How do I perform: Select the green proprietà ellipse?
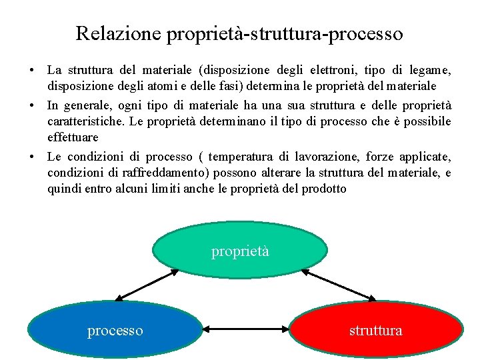click(240, 250)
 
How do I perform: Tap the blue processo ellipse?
click(115, 330)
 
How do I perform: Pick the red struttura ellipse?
click(376, 330)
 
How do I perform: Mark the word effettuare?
click(73, 137)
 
